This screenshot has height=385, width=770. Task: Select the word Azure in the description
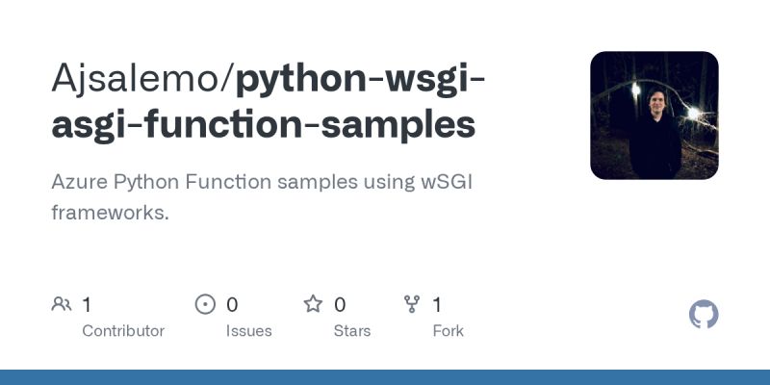point(78,182)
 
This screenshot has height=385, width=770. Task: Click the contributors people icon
point(62,305)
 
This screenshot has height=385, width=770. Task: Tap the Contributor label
point(123,330)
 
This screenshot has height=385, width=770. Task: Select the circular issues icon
point(205,305)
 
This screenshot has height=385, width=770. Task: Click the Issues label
point(249,330)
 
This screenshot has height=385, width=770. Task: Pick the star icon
point(313,305)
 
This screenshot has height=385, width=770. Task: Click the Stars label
point(352,330)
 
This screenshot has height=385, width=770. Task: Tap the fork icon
point(413,305)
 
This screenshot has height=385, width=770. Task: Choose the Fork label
point(448,330)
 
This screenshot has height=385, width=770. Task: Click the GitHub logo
point(705,315)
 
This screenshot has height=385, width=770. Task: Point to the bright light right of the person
point(693,113)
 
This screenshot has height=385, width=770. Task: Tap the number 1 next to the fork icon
point(437,305)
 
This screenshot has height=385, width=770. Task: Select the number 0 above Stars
point(340,305)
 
